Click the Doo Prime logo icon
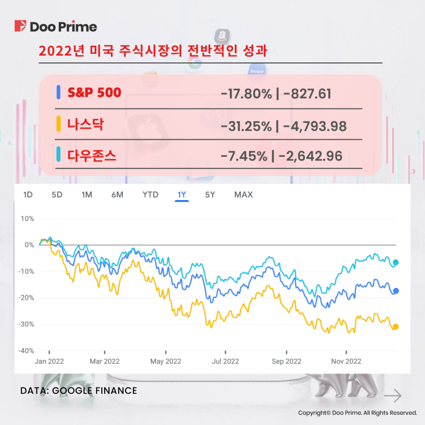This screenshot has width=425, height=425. click(x=20, y=26)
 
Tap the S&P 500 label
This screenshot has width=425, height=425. click(x=94, y=92)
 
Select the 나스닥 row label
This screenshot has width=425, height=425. click(x=85, y=124)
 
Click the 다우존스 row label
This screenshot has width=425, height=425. click(x=92, y=156)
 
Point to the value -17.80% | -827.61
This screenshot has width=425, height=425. click(x=276, y=94)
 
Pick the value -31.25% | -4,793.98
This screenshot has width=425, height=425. click(x=283, y=125)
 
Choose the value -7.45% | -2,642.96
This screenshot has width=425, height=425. click(x=281, y=156)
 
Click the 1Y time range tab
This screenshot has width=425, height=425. click(x=182, y=194)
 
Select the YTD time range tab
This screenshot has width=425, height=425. click(x=150, y=194)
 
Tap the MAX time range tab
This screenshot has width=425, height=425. click(x=243, y=194)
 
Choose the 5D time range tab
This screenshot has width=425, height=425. click(x=57, y=194)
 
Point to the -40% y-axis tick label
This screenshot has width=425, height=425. click(x=26, y=351)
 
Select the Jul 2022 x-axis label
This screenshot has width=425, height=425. click(x=225, y=361)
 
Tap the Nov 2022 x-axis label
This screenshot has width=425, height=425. click(x=346, y=361)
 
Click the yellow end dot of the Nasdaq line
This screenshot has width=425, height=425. click(x=396, y=327)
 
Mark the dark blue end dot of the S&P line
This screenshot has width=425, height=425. click(x=396, y=291)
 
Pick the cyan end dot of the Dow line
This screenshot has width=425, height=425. click(x=396, y=262)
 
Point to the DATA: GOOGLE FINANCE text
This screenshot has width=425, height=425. click(x=78, y=391)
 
